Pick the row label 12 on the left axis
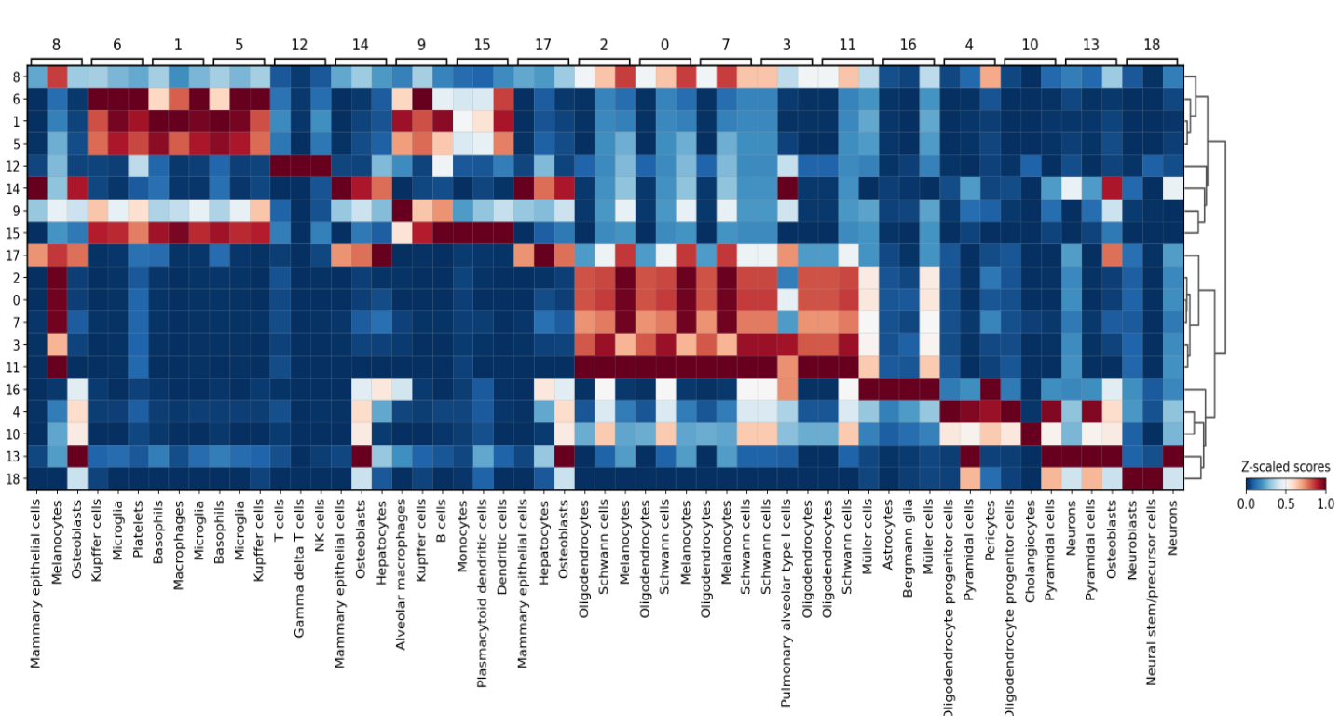(x=16, y=165)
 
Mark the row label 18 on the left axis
(x=16, y=478)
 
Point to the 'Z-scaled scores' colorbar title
(x=1285, y=466)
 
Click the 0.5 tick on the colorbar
(x=1286, y=503)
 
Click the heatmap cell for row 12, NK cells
(x=321, y=165)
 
